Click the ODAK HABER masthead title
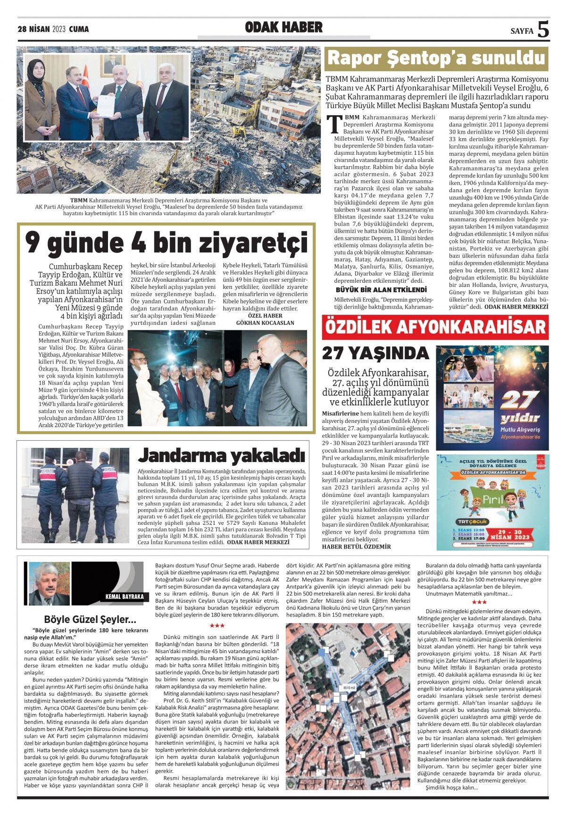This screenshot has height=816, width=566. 283,27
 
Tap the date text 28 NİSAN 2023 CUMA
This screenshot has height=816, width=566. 53,29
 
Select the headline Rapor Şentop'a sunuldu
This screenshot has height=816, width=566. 436,59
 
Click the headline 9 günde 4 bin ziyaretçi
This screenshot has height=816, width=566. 166,243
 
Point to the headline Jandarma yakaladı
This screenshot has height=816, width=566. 222,455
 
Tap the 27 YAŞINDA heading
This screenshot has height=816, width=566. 375,353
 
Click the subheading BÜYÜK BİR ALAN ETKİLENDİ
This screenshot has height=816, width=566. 381,289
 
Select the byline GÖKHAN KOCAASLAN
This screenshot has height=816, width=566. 265,323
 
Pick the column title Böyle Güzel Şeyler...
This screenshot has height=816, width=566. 90,619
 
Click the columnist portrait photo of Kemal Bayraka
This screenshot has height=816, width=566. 49,584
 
